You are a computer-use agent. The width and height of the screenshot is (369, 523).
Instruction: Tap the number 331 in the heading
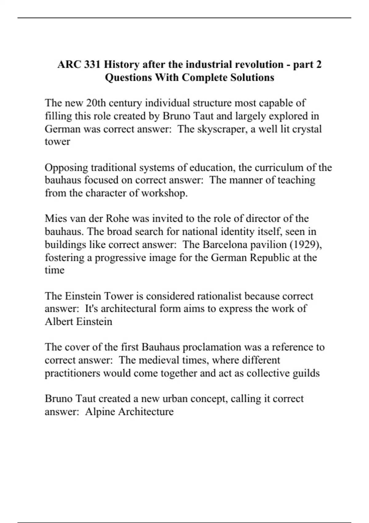(x=92, y=65)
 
